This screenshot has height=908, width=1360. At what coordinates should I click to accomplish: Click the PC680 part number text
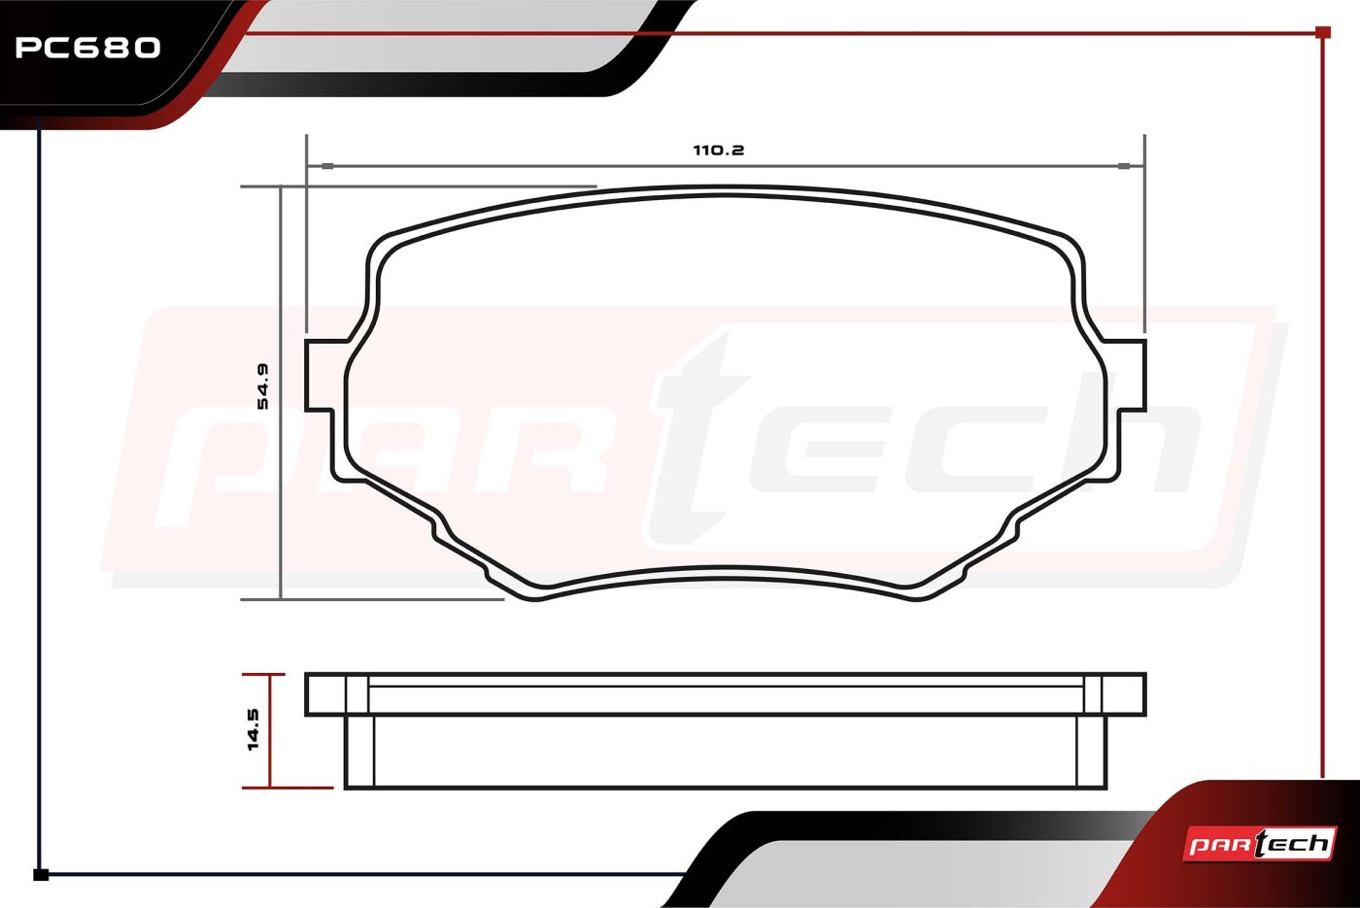(x=88, y=48)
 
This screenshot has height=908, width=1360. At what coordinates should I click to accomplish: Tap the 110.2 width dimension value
(x=718, y=150)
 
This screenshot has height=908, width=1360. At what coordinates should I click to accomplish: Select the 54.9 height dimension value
(x=262, y=387)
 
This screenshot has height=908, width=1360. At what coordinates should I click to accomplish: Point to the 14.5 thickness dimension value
(x=254, y=729)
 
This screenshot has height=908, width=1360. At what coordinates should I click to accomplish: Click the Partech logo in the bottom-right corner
(x=1259, y=844)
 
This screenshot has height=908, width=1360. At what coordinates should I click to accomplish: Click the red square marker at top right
(x=1323, y=32)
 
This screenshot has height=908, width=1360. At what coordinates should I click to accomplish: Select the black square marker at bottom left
(x=41, y=875)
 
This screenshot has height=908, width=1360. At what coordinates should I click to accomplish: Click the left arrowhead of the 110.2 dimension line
(x=326, y=166)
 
